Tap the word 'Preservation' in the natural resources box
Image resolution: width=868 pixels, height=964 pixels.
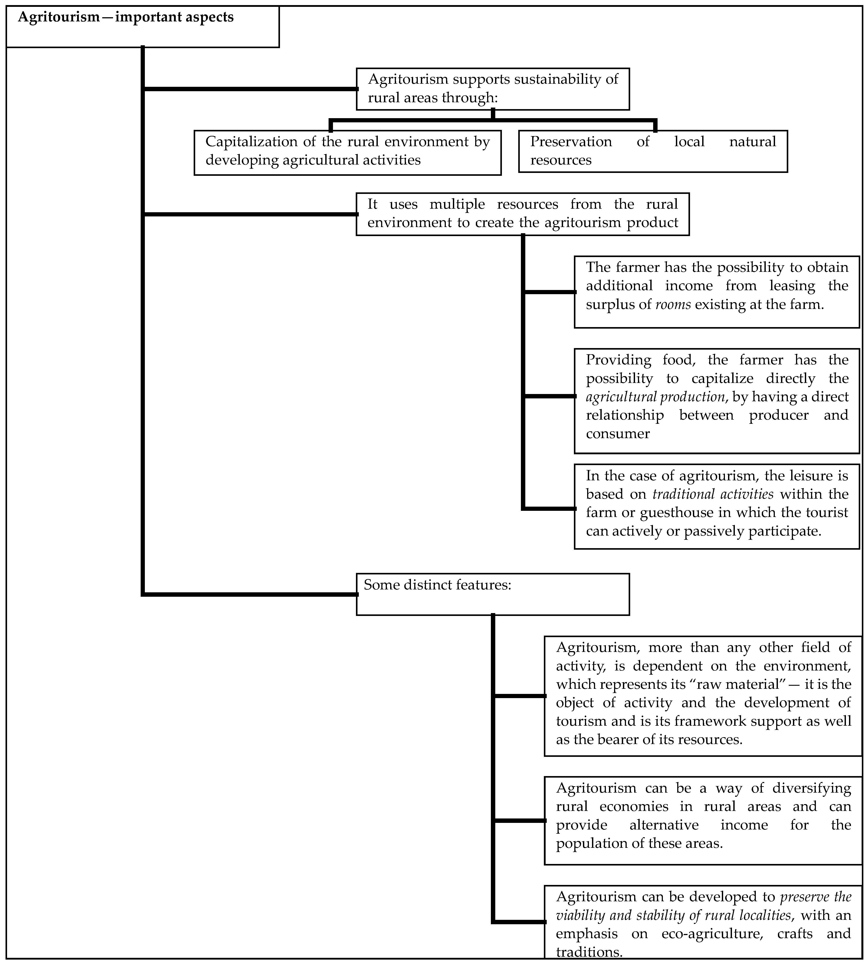[571, 142]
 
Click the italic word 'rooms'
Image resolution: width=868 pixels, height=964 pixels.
[673, 304]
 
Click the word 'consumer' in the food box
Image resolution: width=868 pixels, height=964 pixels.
[618, 434]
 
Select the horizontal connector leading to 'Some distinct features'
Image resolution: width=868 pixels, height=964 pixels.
[250, 594]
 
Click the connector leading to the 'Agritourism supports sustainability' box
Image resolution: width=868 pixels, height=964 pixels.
[250, 89]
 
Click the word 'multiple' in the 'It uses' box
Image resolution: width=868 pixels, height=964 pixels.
[457, 204]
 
